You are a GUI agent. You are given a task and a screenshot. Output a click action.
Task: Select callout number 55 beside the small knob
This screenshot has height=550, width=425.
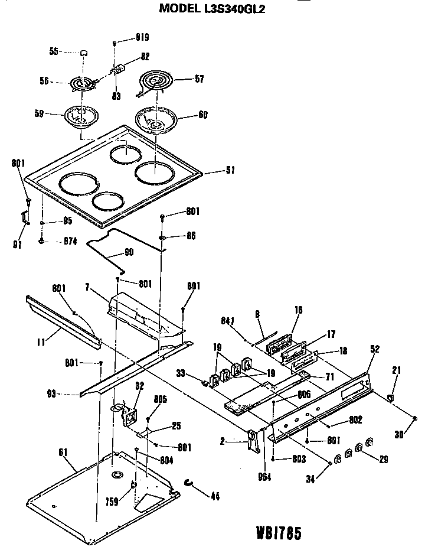tap(54, 52)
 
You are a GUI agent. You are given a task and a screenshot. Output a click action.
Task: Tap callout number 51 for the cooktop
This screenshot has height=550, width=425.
tap(230, 171)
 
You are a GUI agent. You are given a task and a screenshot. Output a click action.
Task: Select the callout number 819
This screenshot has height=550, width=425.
tap(140, 37)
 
